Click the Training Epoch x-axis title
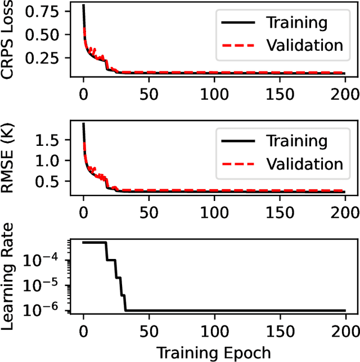coord(213,352)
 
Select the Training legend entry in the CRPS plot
coord(296,23)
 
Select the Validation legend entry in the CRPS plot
coord(304,45)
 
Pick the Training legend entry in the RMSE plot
coord(296,141)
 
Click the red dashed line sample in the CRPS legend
coord(236,45)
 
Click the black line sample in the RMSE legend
coord(236,141)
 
